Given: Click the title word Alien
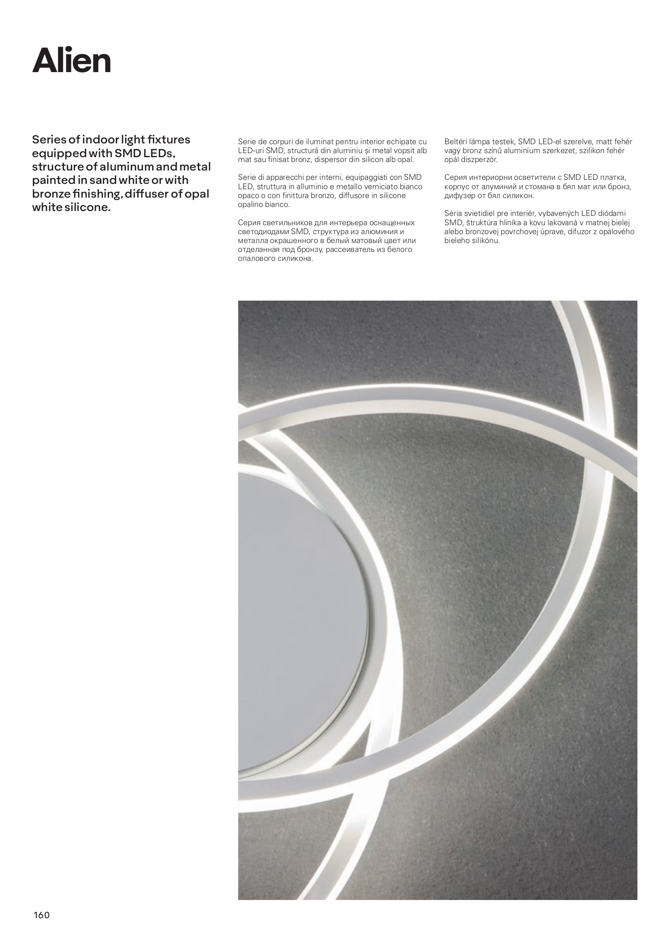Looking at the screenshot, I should coord(72,61).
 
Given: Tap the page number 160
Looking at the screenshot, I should coord(41,915).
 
